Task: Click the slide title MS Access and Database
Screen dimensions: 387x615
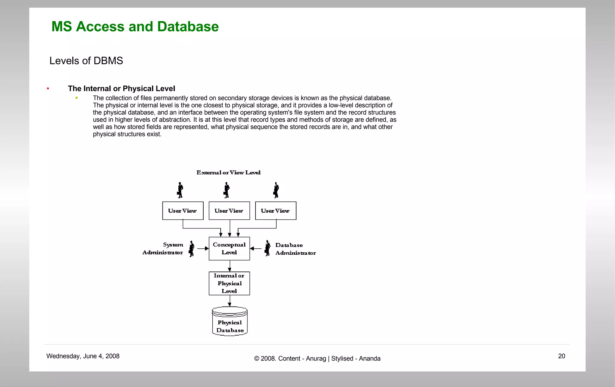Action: click(x=135, y=26)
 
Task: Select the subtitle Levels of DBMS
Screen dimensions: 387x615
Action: click(x=86, y=61)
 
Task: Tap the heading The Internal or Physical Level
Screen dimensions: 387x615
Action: click(x=121, y=88)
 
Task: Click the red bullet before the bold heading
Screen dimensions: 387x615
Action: click(x=48, y=88)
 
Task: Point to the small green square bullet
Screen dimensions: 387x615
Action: click(x=77, y=98)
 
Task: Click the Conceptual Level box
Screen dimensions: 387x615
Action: click(x=229, y=249)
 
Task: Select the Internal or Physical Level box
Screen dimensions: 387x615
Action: click(x=229, y=283)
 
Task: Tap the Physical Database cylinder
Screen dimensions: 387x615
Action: click(x=230, y=321)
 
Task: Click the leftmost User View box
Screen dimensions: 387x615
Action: click(x=183, y=211)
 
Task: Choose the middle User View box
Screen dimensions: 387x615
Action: click(x=229, y=211)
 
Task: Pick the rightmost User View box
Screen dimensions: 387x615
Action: click(x=275, y=211)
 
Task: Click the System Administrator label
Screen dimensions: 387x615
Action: click(x=163, y=249)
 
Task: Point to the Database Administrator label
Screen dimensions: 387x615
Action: click(x=295, y=249)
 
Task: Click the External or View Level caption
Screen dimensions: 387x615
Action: click(x=229, y=173)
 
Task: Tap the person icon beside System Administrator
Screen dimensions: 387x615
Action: click(x=191, y=249)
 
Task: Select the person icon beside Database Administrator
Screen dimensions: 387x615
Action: click(x=267, y=248)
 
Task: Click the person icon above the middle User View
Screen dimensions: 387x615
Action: click(x=227, y=190)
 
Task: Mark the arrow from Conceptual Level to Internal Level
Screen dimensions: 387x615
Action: click(x=230, y=266)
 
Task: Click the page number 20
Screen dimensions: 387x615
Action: click(x=562, y=356)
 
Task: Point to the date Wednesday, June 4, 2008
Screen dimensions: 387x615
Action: click(x=83, y=356)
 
